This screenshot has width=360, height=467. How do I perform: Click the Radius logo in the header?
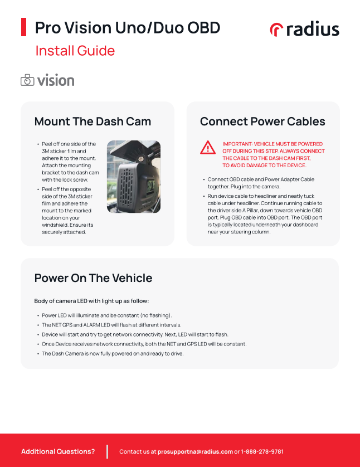(304, 29)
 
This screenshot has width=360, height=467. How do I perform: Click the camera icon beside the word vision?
(27, 80)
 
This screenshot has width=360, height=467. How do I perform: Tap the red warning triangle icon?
(208, 147)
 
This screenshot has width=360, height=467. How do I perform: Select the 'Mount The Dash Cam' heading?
(93, 121)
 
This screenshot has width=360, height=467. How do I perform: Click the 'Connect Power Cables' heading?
(262, 121)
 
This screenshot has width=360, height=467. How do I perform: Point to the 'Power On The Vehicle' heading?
(93, 278)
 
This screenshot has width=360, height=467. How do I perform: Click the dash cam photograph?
(133, 177)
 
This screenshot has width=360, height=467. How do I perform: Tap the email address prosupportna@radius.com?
(195, 451)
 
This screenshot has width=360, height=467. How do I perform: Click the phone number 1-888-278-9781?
(262, 451)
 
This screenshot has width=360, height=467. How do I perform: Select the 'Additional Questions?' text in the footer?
(58, 451)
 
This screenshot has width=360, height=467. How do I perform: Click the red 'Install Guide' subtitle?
(75, 51)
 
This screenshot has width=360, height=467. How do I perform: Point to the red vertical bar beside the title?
(24, 27)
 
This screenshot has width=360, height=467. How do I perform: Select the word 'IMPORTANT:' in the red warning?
(237, 144)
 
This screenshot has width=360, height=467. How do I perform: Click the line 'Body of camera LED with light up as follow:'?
(91, 301)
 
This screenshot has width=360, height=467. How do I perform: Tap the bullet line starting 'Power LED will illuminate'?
(106, 315)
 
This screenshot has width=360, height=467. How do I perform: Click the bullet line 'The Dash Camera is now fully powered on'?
(113, 353)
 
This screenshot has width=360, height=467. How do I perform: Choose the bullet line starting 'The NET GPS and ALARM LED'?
(111, 325)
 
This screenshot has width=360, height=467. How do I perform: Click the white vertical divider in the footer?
(106, 451)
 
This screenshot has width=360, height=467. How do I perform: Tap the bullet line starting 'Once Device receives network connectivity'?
(144, 344)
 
